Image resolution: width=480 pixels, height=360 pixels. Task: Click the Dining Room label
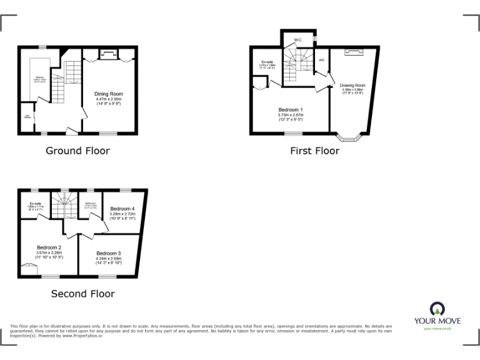[x=109, y=94]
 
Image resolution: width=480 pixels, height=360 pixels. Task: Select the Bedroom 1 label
[x=290, y=110]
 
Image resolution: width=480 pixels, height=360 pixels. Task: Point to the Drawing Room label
[x=352, y=85]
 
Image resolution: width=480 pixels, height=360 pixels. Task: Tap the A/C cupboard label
[x=321, y=60]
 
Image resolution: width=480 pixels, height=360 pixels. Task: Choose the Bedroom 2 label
[x=49, y=247]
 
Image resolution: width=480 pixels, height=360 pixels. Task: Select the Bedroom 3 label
[x=109, y=253]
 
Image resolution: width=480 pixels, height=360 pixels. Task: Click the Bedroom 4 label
[x=122, y=209]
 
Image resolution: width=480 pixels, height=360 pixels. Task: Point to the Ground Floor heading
[x=77, y=151]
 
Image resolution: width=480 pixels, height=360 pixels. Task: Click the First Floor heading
[x=314, y=151]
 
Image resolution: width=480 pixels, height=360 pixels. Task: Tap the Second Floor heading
[x=82, y=293]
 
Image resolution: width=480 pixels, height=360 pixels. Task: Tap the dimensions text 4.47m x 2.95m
[x=109, y=99]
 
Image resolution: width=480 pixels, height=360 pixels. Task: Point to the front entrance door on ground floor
[x=72, y=131]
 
